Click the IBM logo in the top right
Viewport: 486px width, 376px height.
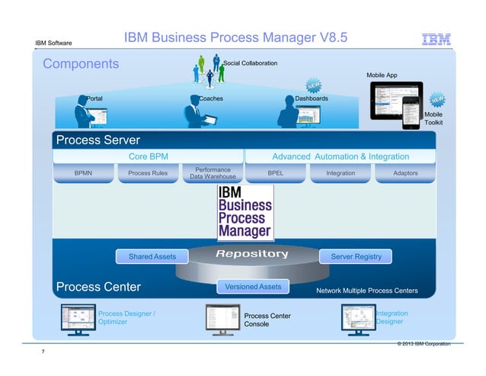[436, 40]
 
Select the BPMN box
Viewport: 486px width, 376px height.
[83, 173]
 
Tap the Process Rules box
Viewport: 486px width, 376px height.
[148, 173]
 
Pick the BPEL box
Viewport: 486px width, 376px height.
[276, 173]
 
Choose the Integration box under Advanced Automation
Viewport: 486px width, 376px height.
[340, 173]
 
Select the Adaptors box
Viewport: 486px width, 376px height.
[404, 173]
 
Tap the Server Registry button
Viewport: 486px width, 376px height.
[356, 257]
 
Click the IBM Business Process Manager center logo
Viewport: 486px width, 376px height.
[245, 211]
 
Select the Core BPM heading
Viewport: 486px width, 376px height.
[149, 156]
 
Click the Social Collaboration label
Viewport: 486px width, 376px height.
[250, 63]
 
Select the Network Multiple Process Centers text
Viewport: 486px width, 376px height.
[366, 291]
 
